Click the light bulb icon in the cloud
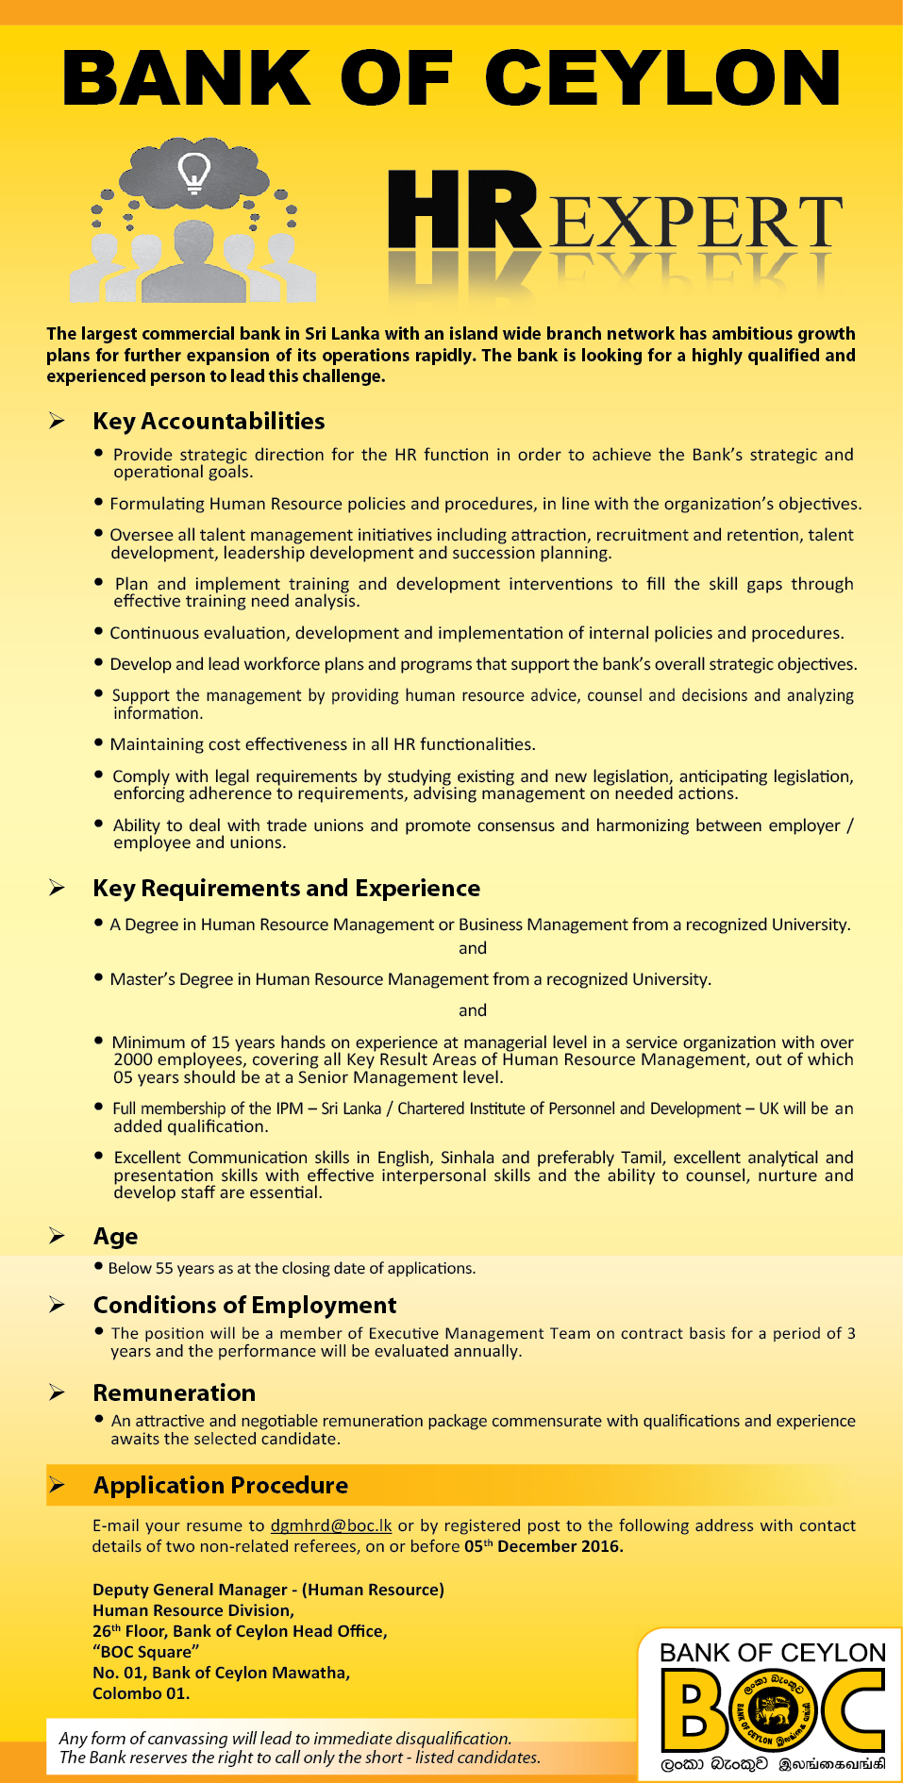pyautogui.click(x=194, y=173)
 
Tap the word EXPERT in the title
pyautogui.click(x=694, y=223)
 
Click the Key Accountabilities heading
pyautogui.click(x=209, y=421)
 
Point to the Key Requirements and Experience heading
pyautogui.click(x=286, y=888)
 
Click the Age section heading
pyautogui.click(x=115, y=1236)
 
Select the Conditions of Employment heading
pyautogui.click(x=244, y=1305)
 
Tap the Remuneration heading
pyautogui.click(x=174, y=1392)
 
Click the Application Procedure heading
pyautogui.click(x=220, y=1485)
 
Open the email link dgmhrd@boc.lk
pyautogui.click(x=331, y=1525)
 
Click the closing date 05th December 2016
pyautogui.click(x=543, y=1546)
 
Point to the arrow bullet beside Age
pyautogui.click(x=58, y=1236)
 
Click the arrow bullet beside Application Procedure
pyautogui.click(x=58, y=1485)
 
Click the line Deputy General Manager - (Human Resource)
pyautogui.click(x=268, y=1590)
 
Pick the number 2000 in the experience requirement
pyautogui.click(x=133, y=1059)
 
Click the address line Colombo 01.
pyautogui.click(x=141, y=1693)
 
